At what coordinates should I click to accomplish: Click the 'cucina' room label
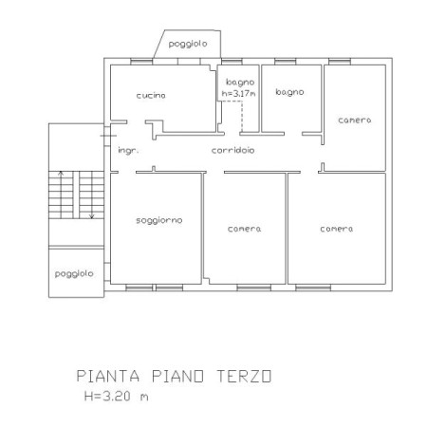(x=151, y=95)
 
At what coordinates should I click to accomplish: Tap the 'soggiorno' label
(x=159, y=220)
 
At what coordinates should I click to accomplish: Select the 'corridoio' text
(x=232, y=150)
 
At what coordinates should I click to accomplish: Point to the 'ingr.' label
(x=128, y=150)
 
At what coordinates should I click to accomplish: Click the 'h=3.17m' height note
(x=239, y=94)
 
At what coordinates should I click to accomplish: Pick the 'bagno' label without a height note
(x=289, y=92)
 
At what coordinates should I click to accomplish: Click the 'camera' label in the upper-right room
(x=355, y=121)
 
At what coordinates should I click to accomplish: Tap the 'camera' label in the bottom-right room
(x=337, y=229)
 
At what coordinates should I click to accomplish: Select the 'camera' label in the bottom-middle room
(x=244, y=229)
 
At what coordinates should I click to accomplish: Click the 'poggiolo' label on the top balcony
(x=188, y=44)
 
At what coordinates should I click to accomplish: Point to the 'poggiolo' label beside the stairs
(x=74, y=273)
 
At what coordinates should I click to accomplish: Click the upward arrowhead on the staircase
(x=61, y=173)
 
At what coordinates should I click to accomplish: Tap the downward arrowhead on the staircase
(x=92, y=216)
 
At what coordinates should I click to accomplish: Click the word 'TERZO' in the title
(x=244, y=377)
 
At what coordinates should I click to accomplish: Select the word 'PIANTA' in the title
(x=108, y=377)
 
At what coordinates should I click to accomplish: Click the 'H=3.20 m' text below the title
(x=117, y=396)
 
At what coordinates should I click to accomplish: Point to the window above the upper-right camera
(x=340, y=62)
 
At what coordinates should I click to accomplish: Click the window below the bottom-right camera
(x=313, y=288)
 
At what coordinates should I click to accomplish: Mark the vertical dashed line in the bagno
(x=242, y=117)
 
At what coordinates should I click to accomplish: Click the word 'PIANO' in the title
(x=177, y=377)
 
